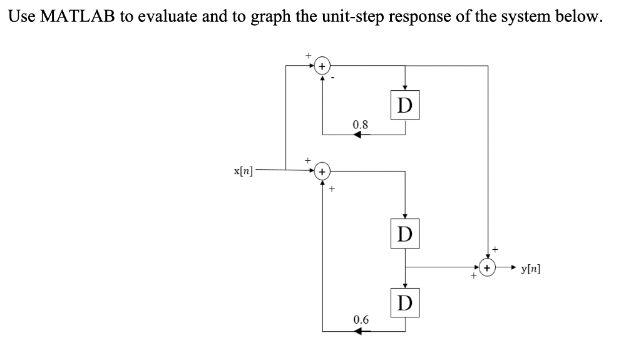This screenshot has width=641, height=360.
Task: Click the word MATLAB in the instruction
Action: pos(76,16)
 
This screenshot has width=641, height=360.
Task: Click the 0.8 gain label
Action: pos(361,124)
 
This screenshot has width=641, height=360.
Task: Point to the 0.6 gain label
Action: pos(361,320)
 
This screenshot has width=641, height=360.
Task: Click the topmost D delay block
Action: pos(405,105)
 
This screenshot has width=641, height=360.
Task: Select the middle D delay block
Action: pos(405,235)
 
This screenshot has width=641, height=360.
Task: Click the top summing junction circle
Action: pos(322,64)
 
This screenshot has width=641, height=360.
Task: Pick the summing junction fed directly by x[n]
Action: pos(322,170)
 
